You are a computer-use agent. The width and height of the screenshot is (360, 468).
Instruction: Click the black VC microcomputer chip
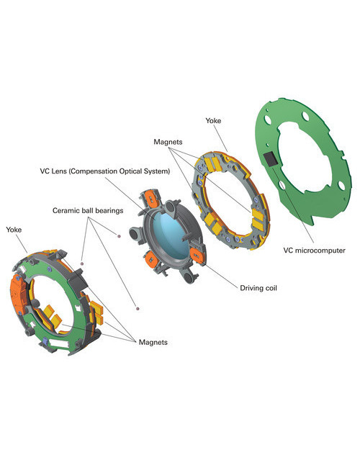(x=271, y=159)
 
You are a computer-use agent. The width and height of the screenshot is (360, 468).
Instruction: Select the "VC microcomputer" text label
(x=314, y=250)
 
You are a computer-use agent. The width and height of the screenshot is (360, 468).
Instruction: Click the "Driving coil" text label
(x=258, y=288)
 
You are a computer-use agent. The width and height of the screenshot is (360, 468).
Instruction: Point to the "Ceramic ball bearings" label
(x=88, y=210)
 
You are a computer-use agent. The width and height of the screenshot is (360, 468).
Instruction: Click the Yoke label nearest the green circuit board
(x=213, y=120)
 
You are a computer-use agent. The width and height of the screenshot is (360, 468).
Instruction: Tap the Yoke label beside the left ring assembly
(x=14, y=230)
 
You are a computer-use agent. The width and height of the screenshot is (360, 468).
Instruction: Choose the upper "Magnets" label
(x=168, y=142)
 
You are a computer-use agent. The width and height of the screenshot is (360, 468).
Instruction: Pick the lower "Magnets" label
(x=153, y=342)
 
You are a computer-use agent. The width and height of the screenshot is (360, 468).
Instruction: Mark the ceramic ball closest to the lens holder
(x=119, y=236)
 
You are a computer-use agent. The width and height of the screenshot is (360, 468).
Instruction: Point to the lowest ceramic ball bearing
(x=138, y=308)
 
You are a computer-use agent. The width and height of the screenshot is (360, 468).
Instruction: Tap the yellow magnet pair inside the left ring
(x=53, y=315)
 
